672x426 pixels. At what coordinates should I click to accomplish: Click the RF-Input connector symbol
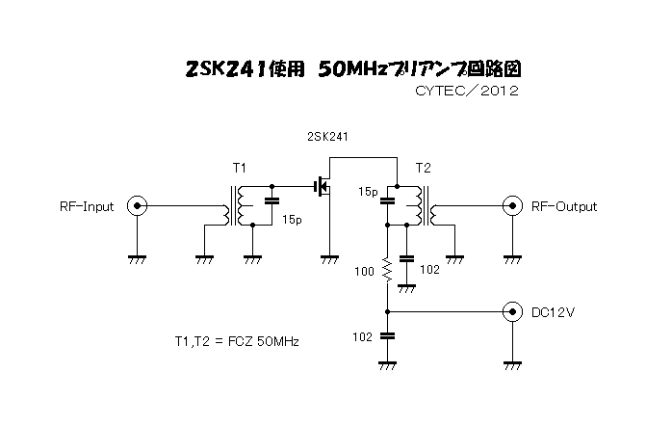coord(137,206)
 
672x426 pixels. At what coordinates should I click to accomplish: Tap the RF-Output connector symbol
coord(512,206)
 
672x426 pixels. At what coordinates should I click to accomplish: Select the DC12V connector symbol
coord(512,312)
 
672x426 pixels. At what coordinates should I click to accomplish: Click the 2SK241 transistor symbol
coord(323,187)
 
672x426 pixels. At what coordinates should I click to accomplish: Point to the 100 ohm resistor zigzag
coord(387,270)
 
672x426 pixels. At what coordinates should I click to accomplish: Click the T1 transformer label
coord(239,168)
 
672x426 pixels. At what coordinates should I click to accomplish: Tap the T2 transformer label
coord(423,168)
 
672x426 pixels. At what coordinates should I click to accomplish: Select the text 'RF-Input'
coord(87,207)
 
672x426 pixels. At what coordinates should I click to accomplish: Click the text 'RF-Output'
coord(564,207)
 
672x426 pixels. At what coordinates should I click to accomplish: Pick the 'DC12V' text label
coord(553,312)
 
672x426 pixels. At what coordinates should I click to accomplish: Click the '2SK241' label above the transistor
coord(327,137)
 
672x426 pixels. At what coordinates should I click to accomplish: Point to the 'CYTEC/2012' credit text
coord(467,91)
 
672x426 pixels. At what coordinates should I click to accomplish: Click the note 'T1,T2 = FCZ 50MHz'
coord(237,341)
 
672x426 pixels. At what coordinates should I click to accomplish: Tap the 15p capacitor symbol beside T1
coord(271,200)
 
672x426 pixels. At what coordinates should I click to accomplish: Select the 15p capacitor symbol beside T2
coord(387,200)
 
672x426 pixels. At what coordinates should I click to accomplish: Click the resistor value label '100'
coord(364,271)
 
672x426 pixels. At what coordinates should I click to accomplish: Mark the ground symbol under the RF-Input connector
coord(137,259)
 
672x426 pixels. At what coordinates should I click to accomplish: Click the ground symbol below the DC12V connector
coord(512,366)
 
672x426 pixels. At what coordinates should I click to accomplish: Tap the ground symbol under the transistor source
coord(329,259)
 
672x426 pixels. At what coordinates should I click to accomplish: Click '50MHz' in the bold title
coord(352,69)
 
